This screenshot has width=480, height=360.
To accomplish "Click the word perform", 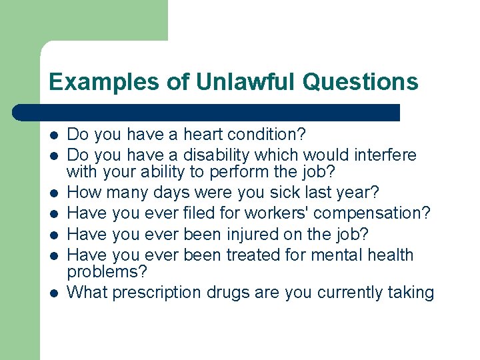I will (x=254, y=172).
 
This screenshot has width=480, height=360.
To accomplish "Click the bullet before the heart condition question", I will (x=53, y=136).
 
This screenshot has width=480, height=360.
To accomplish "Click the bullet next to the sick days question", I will (x=53, y=194).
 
